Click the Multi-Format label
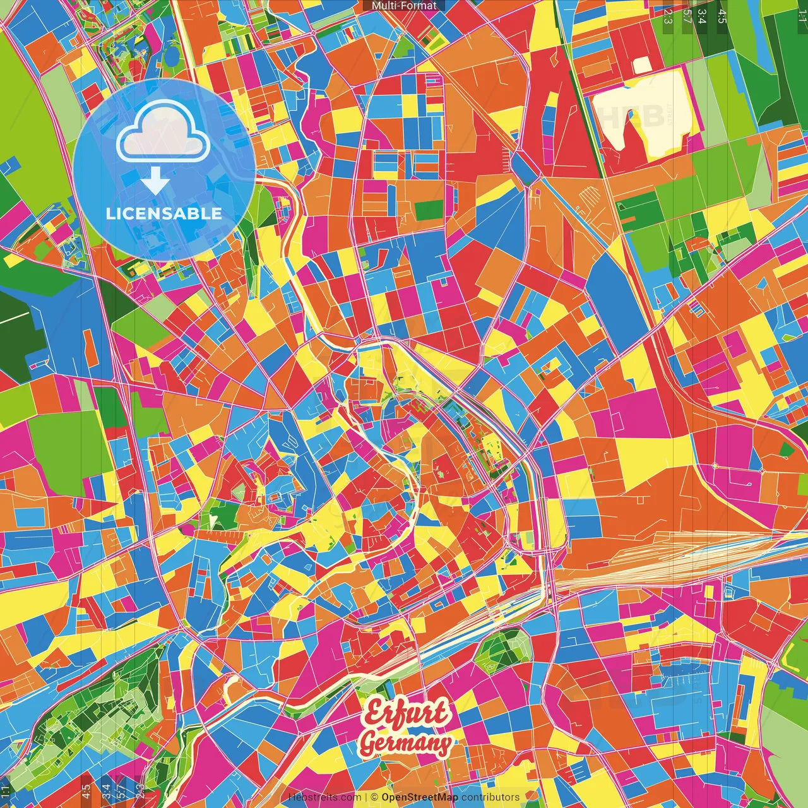pyautogui.click(x=404, y=6)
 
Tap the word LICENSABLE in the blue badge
pyautogui.click(x=164, y=213)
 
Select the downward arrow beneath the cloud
pyautogui.click(x=155, y=182)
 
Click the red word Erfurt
pyautogui.click(x=408, y=713)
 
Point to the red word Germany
pyautogui.click(x=405, y=744)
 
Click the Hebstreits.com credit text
pyautogui.click(x=324, y=797)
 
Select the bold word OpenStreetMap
pyautogui.click(x=420, y=797)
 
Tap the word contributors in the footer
pyautogui.click(x=491, y=797)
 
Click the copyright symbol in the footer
pyautogui.click(x=374, y=797)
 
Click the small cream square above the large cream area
pyautogui.click(x=641, y=66)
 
